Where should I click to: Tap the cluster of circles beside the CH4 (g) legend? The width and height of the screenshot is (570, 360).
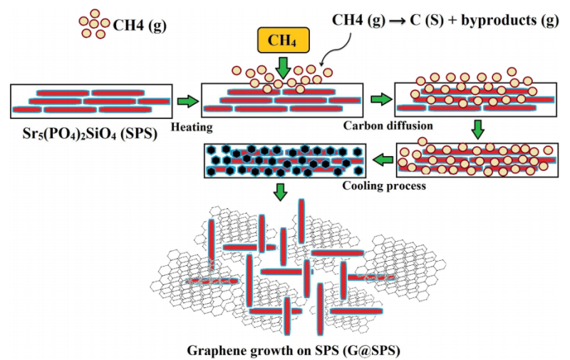[94, 24]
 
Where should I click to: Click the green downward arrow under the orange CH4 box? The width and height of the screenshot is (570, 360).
[282, 67]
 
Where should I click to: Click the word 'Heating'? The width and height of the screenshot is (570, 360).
[191, 126]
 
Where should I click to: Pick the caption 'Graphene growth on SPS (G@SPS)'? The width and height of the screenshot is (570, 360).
[284, 351]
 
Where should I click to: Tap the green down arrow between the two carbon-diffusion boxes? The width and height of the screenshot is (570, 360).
[477, 130]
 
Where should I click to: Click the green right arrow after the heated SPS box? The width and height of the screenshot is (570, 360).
[382, 101]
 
